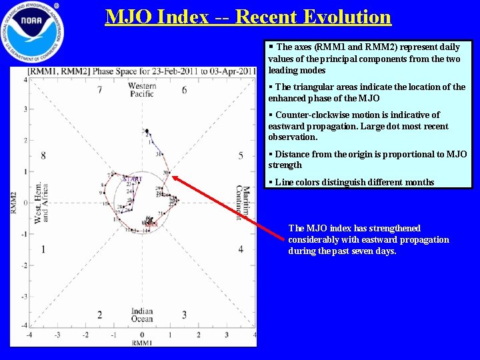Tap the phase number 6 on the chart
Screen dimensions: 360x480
184,90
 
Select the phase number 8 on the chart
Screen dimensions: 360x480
43,155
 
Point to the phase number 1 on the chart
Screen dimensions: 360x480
43,249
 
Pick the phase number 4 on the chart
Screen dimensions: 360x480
241,249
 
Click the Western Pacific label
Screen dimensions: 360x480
141,90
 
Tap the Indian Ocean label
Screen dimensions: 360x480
142,315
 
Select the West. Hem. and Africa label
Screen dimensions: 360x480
41,202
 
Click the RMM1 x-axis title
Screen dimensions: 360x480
142,343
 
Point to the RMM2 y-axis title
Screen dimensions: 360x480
14,202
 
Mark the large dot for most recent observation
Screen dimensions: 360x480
147,131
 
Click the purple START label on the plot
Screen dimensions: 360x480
132,179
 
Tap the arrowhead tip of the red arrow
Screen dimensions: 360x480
172,176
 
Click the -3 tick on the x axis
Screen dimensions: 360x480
57,335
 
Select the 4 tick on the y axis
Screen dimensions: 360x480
25,79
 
